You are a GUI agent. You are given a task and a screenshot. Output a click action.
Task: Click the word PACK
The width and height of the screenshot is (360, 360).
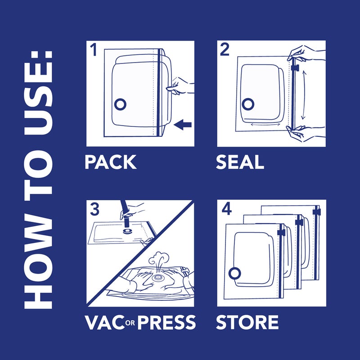point(111,162)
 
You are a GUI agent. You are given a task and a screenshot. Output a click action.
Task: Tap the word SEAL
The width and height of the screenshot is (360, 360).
point(240,162)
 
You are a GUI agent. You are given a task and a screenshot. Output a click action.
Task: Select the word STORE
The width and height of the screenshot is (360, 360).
point(247,322)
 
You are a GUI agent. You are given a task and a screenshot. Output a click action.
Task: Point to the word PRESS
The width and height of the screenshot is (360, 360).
point(166,322)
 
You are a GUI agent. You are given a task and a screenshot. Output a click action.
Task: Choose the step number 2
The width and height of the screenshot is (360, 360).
point(225,50)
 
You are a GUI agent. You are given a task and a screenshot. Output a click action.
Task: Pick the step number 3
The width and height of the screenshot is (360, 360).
point(94,210)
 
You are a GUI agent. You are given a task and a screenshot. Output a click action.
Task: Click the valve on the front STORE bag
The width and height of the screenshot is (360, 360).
point(234,273)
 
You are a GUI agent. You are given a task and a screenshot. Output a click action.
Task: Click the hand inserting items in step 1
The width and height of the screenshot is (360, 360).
point(182,86)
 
